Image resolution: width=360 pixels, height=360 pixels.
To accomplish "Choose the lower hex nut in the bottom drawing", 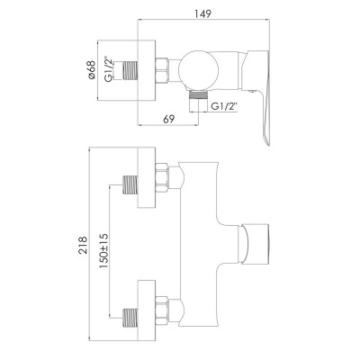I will click(165, 314).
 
